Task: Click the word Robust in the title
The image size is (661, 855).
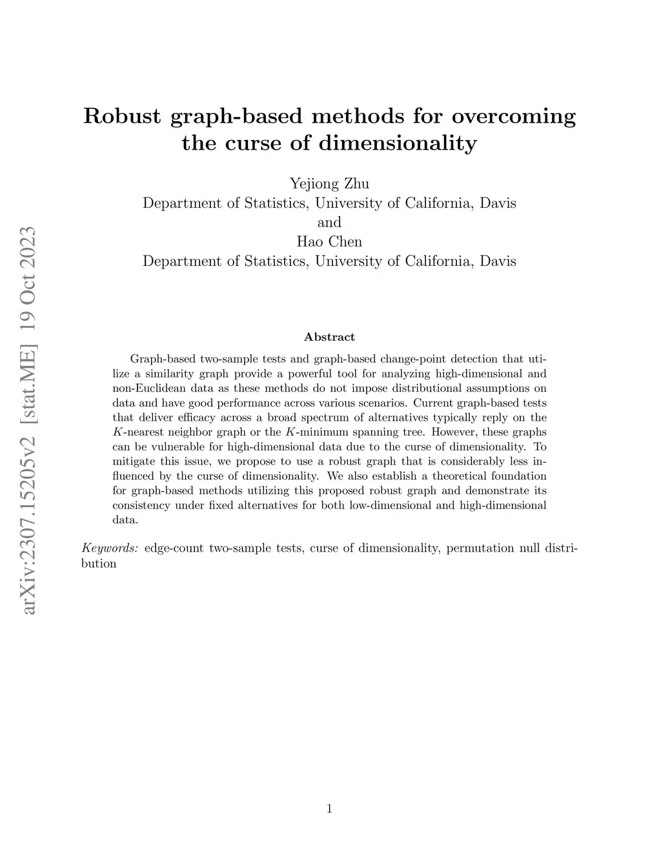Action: point(122,116)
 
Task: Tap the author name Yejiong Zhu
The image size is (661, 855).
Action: point(329,184)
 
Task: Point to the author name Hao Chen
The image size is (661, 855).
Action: point(329,242)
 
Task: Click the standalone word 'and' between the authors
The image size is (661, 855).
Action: point(329,223)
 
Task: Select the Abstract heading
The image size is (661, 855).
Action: point(329,337)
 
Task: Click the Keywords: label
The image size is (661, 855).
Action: point(110,548)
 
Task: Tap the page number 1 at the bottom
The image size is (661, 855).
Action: point(329,809)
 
